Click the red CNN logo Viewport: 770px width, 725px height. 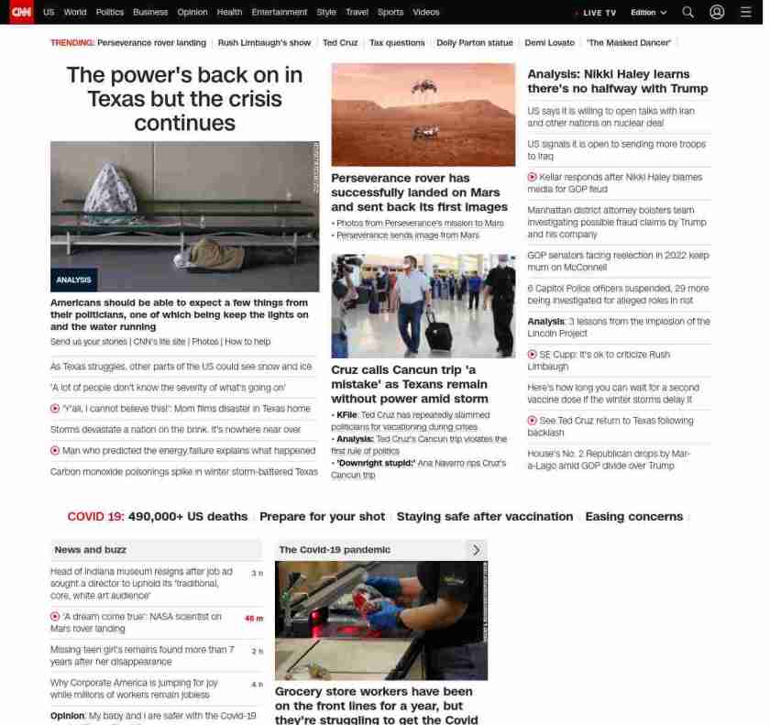21,12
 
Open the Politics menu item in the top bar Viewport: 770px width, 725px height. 109,12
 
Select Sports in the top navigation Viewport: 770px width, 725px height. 390,12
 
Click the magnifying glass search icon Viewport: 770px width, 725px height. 687,12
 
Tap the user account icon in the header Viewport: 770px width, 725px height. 717,12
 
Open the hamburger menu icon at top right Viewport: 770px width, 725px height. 745,12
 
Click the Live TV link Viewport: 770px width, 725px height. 598,13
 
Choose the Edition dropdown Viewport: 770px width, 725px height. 648,13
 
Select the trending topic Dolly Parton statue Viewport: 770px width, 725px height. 474,43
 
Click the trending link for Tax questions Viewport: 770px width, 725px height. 397,43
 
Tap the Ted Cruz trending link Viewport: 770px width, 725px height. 340,43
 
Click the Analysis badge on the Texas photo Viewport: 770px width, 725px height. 73,280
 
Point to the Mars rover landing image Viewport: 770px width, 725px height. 423,114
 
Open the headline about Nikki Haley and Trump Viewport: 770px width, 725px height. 617,81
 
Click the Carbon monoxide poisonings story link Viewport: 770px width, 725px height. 183,472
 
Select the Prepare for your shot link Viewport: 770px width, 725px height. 322,517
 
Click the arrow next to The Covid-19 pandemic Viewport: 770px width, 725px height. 476,550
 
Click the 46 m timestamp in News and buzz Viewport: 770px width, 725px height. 253,619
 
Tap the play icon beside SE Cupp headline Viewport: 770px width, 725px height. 532,355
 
